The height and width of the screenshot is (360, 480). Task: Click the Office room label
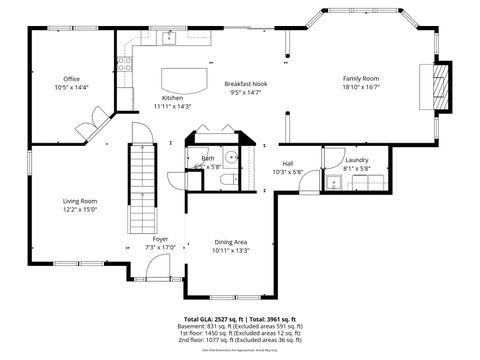click(71, 79)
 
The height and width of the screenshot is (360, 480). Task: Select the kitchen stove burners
click(125, 65)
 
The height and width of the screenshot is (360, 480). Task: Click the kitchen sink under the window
click(169, 39)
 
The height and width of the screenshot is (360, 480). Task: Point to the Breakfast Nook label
click(245, 84)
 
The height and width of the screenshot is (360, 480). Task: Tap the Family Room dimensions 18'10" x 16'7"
click(362, 88)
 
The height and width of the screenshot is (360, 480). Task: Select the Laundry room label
click(357, 160)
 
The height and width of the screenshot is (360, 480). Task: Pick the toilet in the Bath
click(227, 179)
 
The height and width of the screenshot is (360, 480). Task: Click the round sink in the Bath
click(230, 157)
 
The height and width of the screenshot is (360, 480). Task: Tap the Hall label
click(287, 163)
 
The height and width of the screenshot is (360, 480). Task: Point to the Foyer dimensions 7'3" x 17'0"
click(160, 247)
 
